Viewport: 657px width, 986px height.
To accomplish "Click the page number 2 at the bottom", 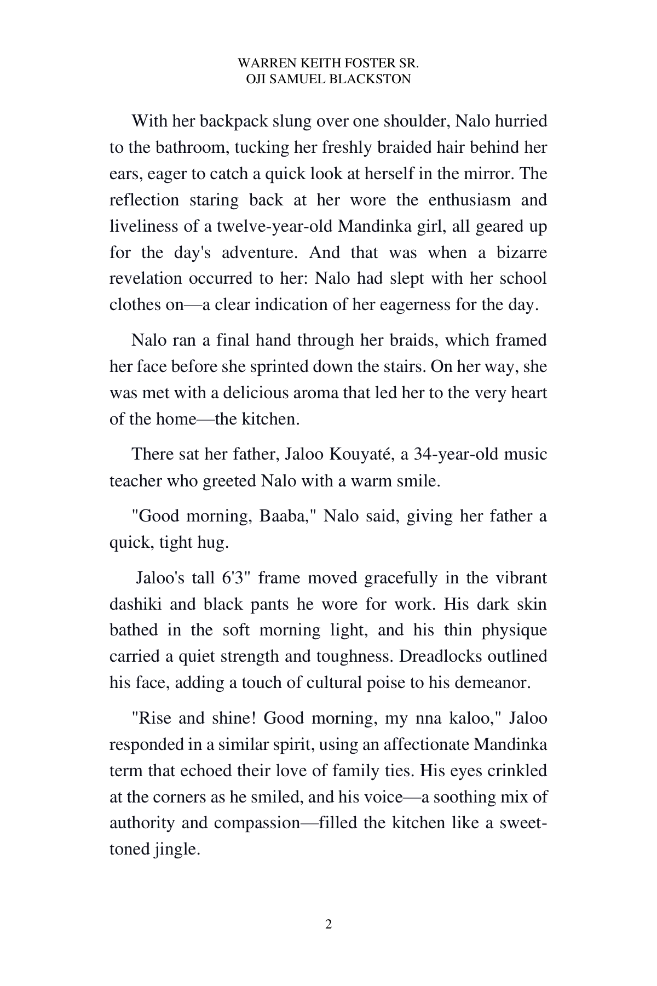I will (328, 925).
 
